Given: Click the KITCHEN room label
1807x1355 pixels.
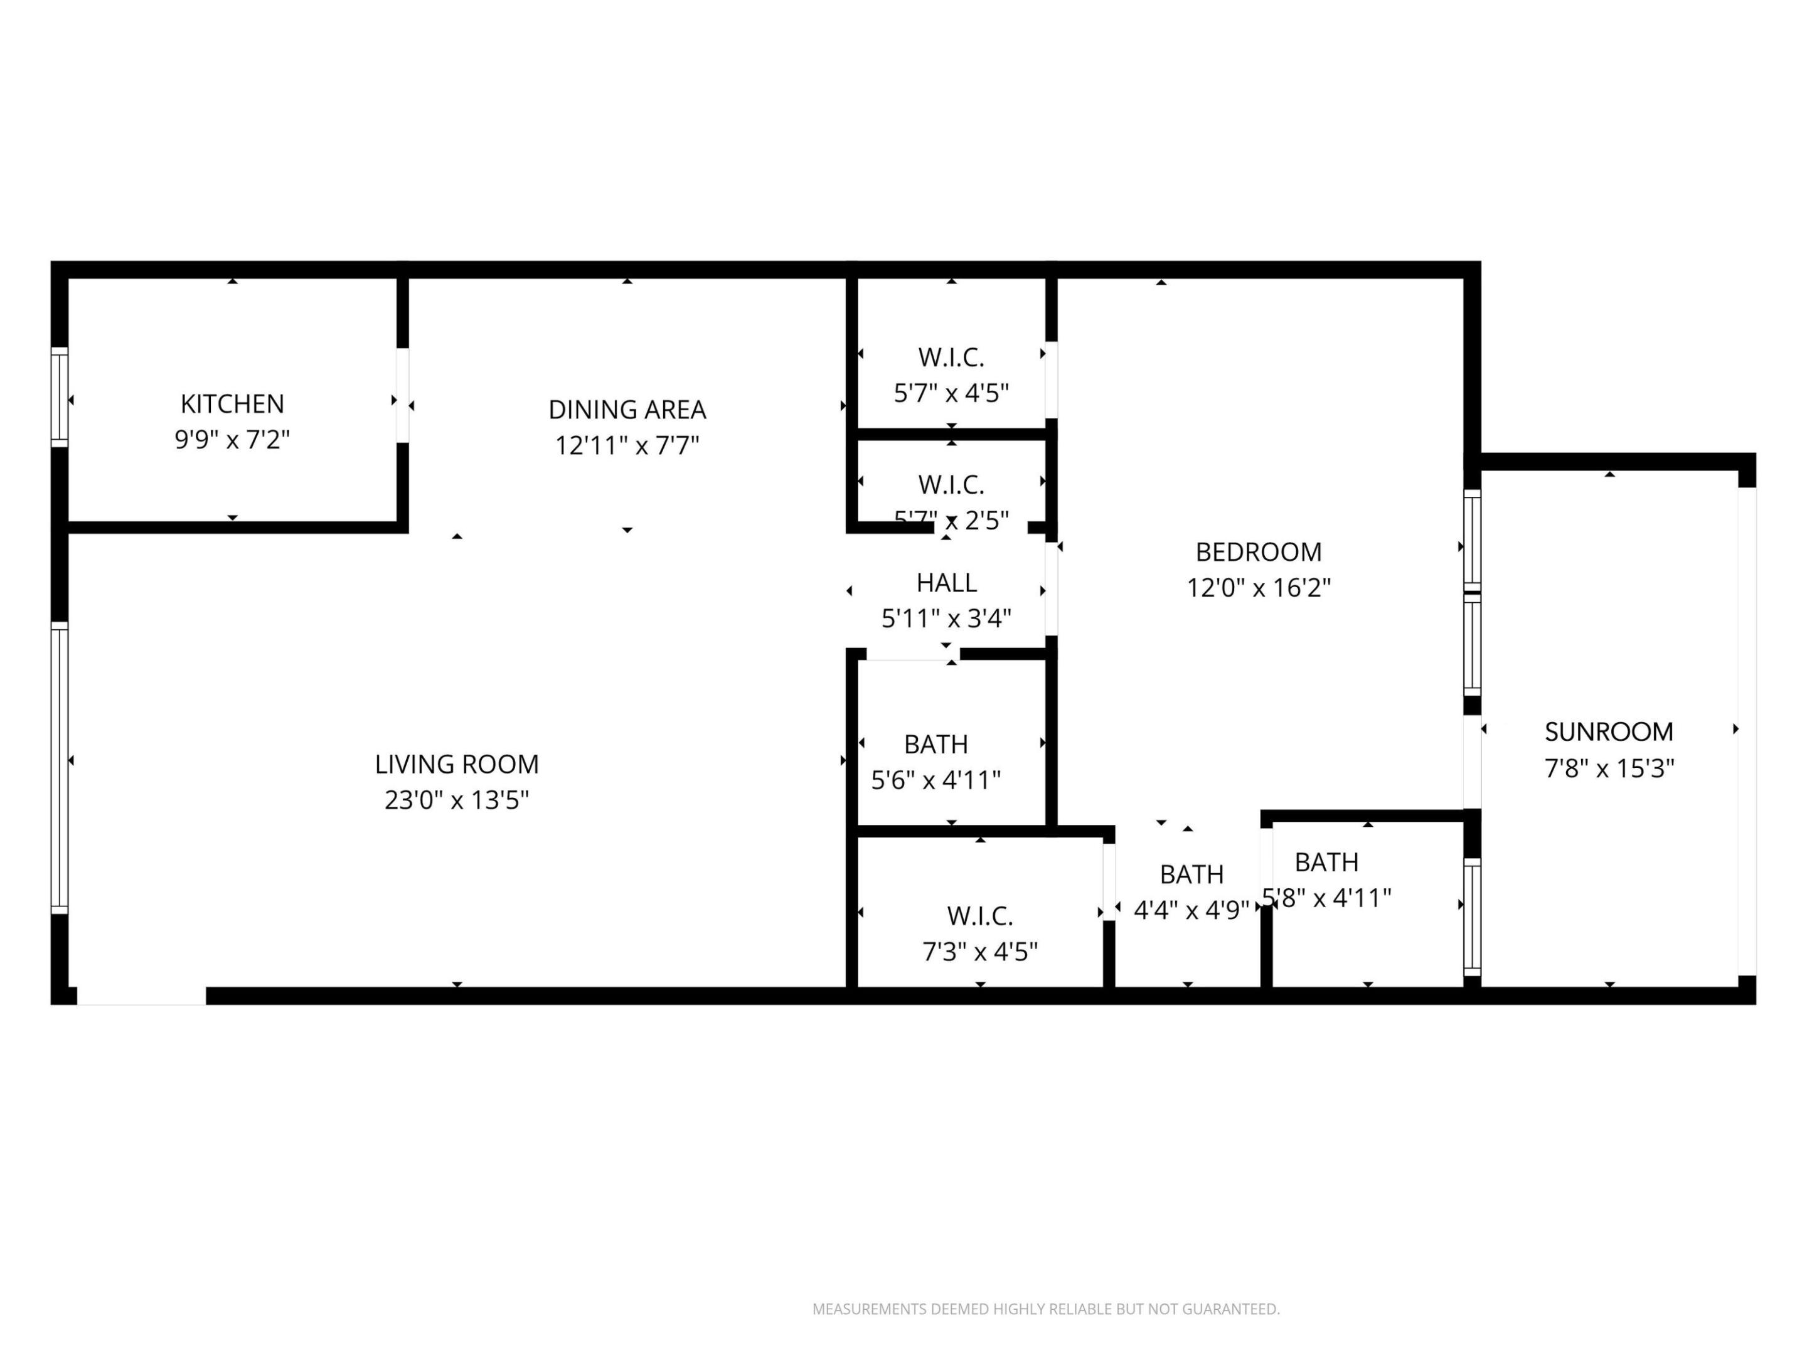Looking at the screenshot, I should coord(232,403).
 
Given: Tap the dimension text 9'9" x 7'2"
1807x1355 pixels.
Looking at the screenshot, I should coord(232,440).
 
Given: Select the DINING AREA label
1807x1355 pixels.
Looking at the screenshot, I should coord(627,409).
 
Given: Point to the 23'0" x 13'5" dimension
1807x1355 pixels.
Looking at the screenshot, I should coord(457,800).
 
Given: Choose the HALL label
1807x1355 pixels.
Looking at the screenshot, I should coord(946,582).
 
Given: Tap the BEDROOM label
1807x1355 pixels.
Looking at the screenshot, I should coord(1258,552).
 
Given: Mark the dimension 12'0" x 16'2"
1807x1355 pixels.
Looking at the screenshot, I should coord(1258,588).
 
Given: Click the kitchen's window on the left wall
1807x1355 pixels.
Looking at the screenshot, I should coord(59,397).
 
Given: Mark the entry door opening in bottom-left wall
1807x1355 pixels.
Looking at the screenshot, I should coord(141,996).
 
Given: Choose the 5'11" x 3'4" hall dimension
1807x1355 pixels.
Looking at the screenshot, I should coord(946,619).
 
